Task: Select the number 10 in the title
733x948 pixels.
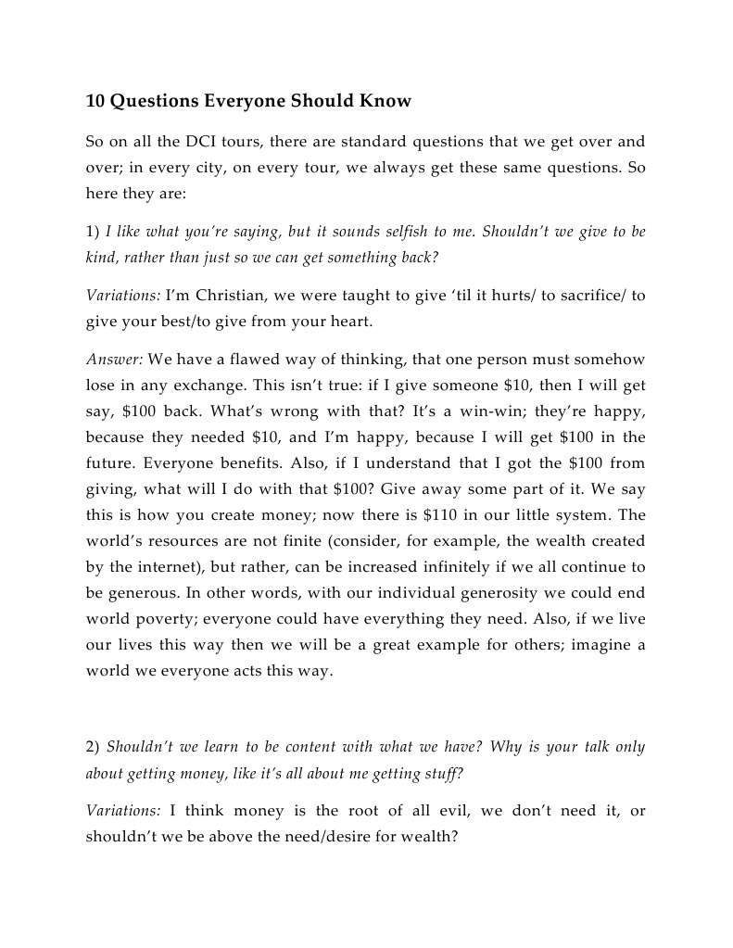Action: [95, 102]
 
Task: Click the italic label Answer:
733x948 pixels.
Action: [114, 360]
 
